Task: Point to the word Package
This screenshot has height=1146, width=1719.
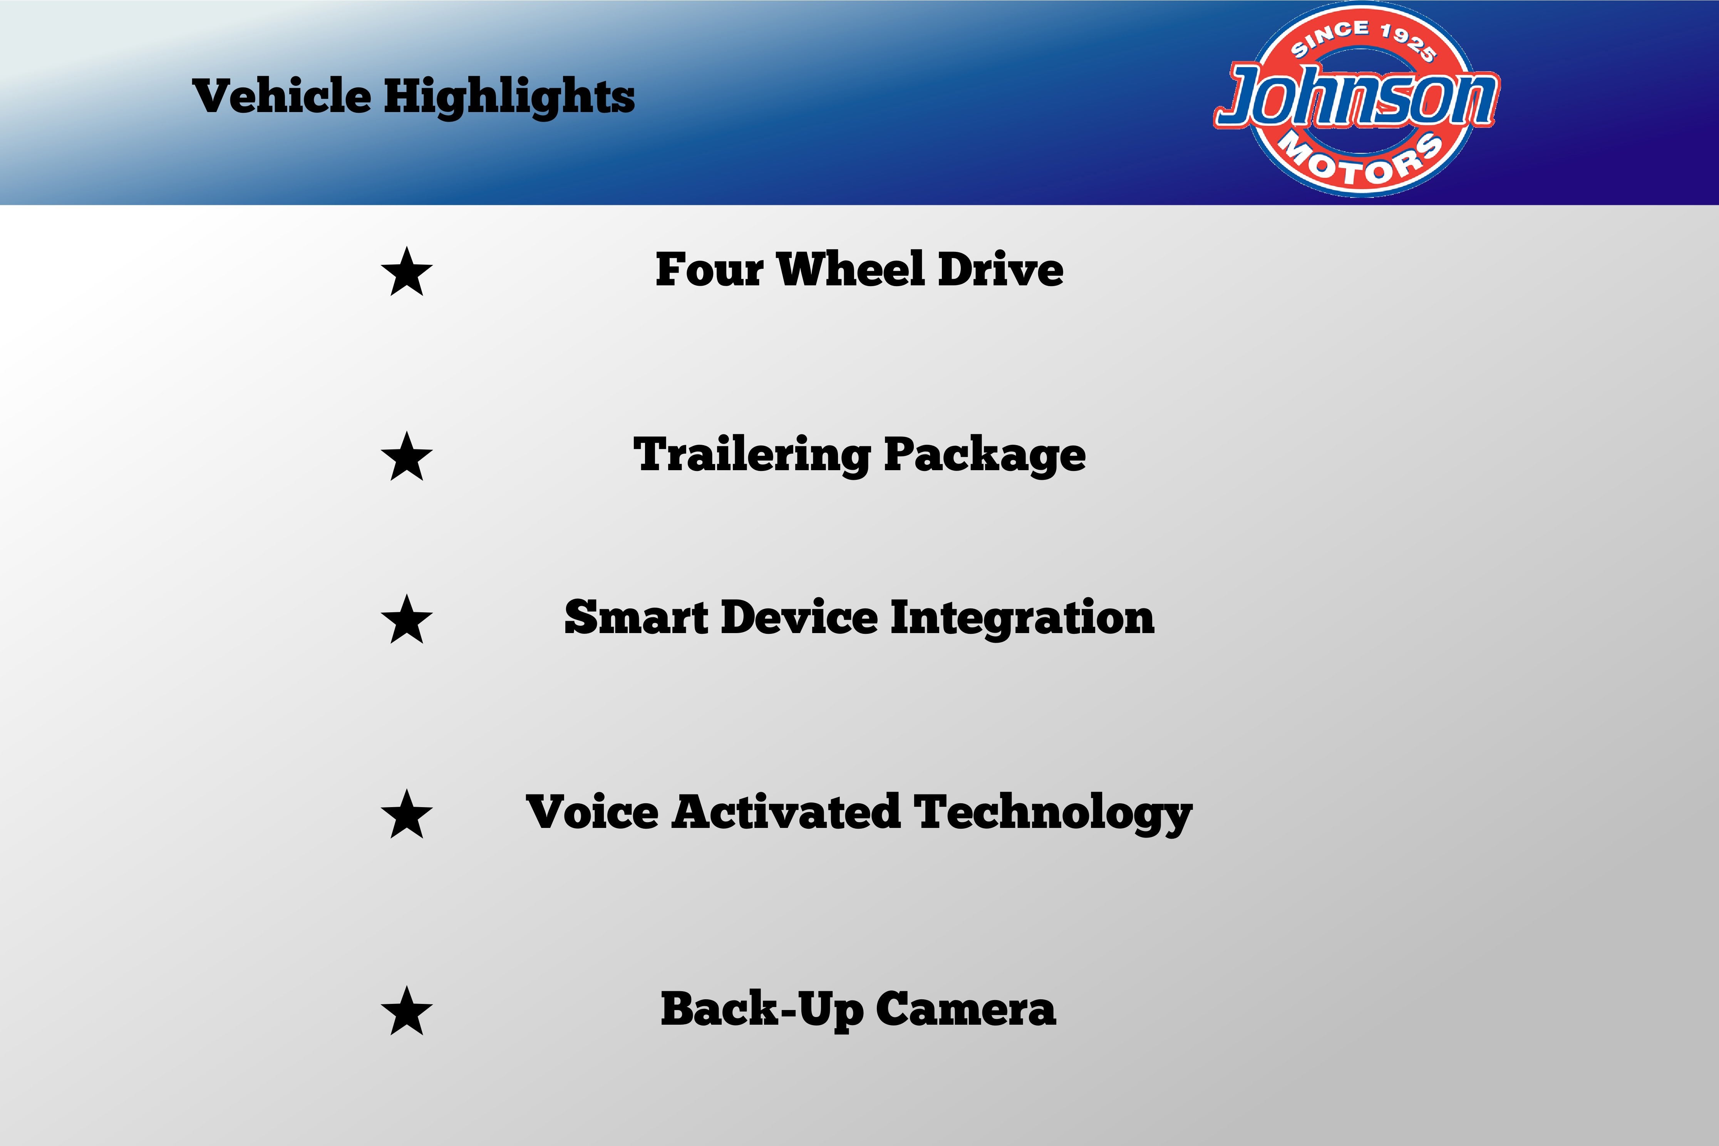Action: click(x=985, y=455)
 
